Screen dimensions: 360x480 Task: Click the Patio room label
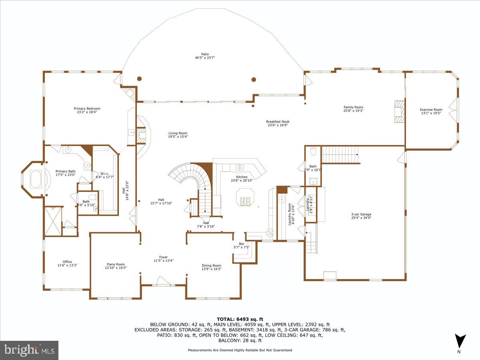[205, 54]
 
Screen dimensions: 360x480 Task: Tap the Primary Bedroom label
[87, 108]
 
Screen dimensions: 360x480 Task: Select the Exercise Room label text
[431, 110]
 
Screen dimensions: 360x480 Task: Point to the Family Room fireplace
[398, 111]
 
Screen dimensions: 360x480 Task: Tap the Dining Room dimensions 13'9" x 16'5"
[211, 269]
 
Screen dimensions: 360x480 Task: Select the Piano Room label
[116, 264]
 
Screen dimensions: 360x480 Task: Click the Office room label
[67, 262]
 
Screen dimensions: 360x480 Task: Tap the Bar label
[241, 244]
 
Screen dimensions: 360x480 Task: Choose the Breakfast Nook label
[278, 122]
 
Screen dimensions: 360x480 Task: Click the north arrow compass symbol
[460, 341]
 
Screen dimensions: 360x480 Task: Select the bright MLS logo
[29, 350]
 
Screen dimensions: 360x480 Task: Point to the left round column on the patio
[139, 79]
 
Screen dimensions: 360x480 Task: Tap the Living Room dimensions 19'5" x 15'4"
[178, 136]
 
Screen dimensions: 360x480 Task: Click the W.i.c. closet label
[105, 174]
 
